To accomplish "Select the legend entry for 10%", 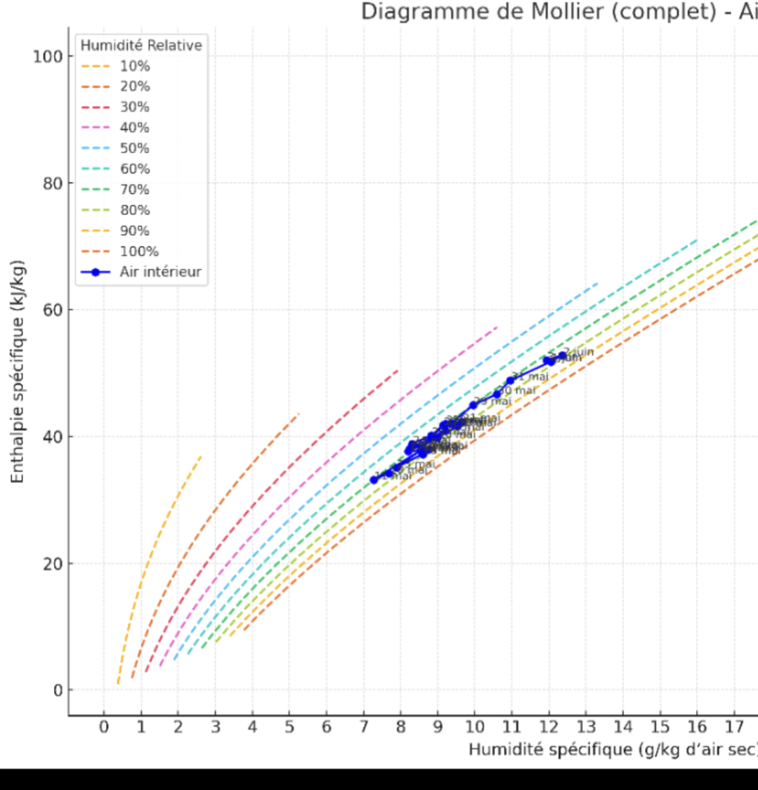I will coord(134,66).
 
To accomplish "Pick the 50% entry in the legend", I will coord(134,148).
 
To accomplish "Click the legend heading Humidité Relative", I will coord(141,46).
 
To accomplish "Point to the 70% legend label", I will coord(134,190).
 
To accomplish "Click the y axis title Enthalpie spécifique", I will coord(18,371).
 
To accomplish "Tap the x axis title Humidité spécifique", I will coord(611,750).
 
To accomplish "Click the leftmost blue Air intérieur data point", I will coord(374,480).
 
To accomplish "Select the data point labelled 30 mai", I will coord(497,394).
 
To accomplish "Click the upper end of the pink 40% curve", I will coord(497,327).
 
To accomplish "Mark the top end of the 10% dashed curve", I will coord(201,456).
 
